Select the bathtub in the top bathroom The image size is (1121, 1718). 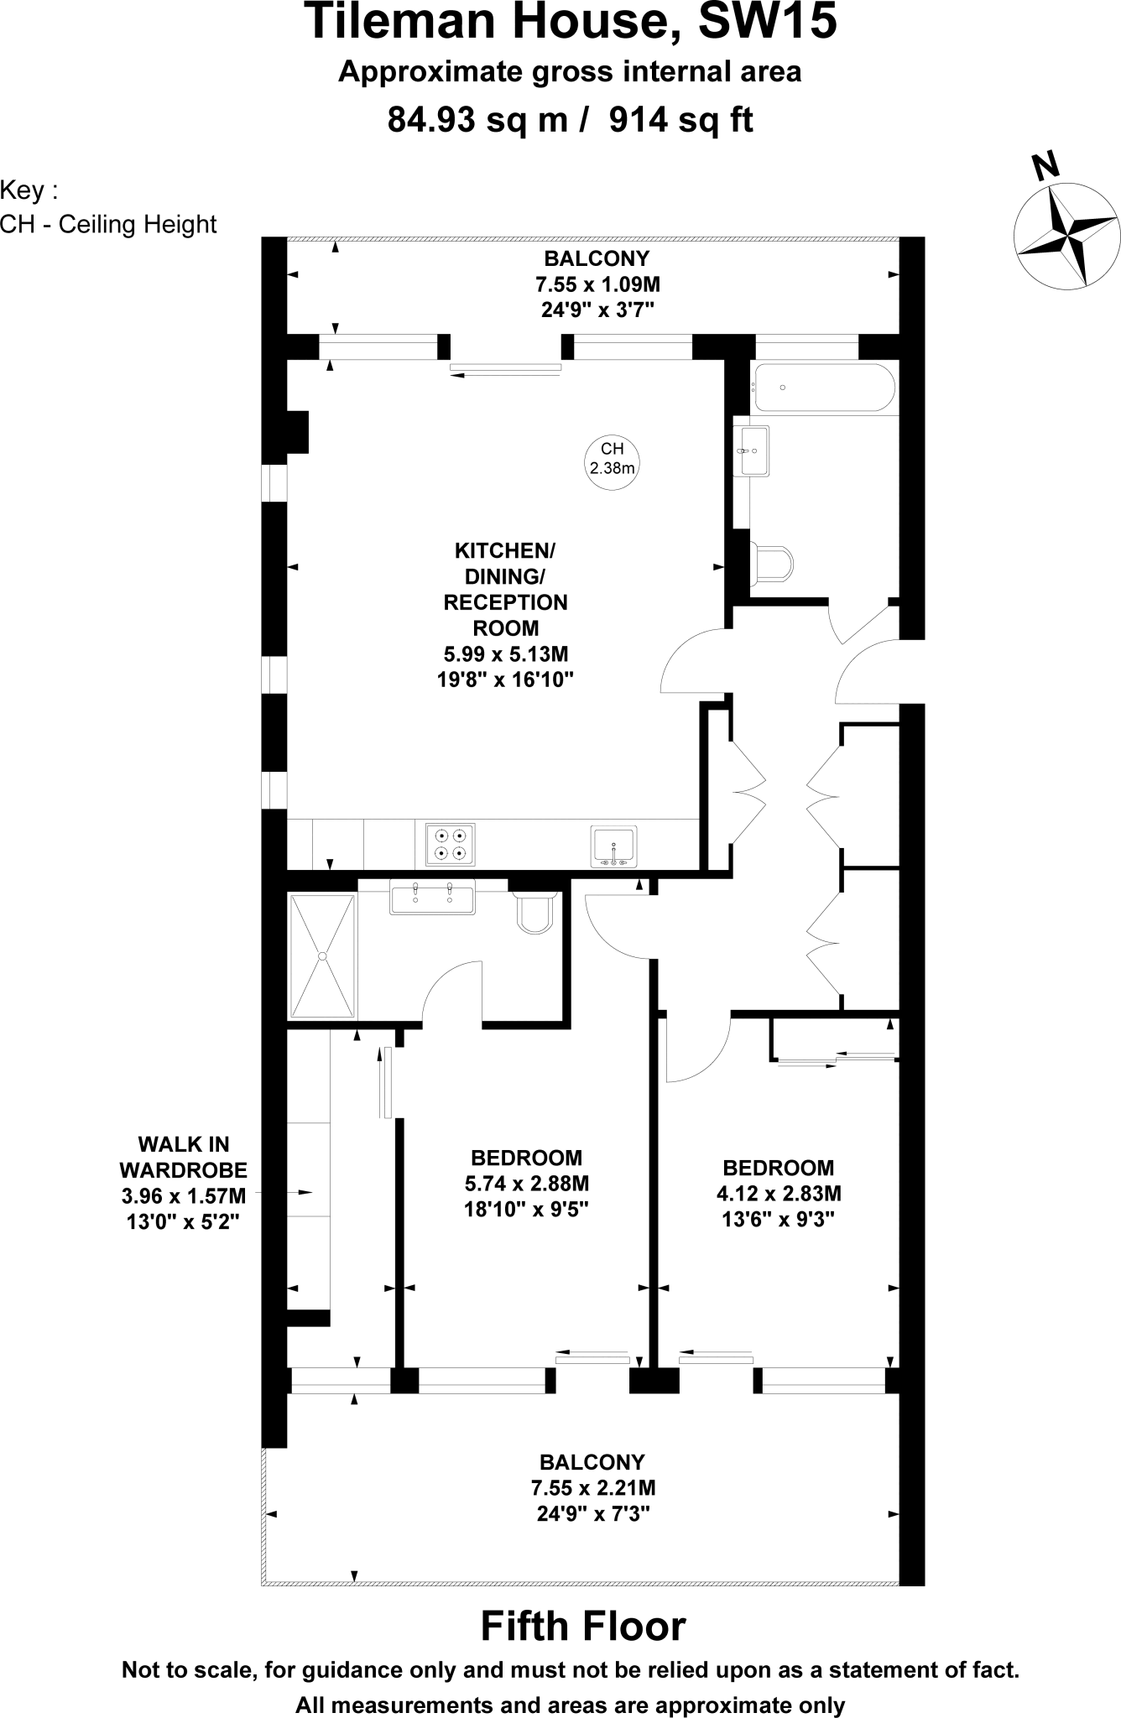point(823,388)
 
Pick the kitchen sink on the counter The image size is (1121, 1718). point(613,846)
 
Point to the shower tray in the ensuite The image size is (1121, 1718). point(322,955)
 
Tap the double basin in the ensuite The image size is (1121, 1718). point(432,897)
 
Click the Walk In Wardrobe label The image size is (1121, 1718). point(183,1157)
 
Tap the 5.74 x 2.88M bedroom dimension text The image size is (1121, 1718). point(526,1184)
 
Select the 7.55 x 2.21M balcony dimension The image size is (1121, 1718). point(592,1488)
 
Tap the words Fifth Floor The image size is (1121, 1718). point(582,1625)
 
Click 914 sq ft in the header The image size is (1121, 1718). point(680,120)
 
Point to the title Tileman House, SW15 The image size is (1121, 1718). point(570,22)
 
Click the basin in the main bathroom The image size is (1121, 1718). point(753,450)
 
